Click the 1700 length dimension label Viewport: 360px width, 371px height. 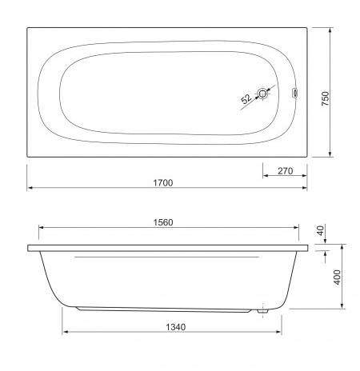click(x=163, y=183)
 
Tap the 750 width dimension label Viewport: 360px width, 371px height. click(x=326, y=99)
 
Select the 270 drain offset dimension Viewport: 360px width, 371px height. click(x=286, y=171)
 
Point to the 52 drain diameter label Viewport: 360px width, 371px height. click(x=246, y=98)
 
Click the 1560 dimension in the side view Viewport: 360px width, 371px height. click(x=163, y=222)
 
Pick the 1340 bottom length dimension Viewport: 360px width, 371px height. click(x=176, y=327)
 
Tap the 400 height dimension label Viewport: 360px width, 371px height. click(x=338, y=277)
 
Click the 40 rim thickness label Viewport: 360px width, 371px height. click(x=321, y=230)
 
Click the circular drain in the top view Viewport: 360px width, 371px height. click(x=262, y=94)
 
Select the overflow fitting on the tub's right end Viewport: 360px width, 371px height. click(x=295, y=94)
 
